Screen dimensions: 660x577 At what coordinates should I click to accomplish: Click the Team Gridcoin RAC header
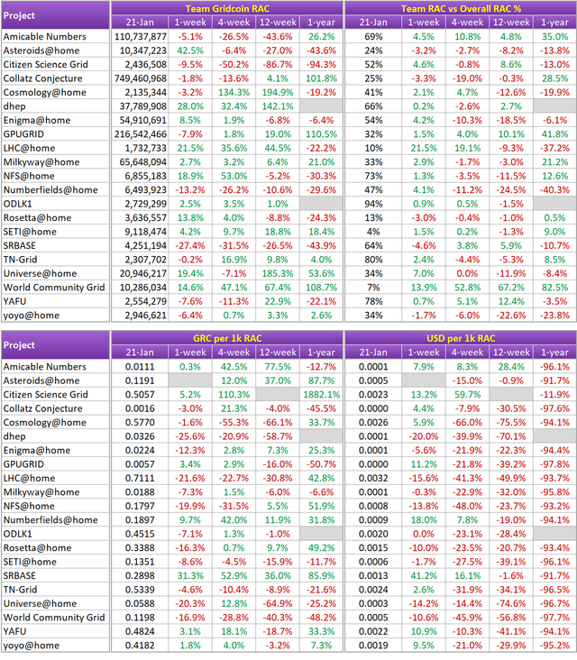[229, 8]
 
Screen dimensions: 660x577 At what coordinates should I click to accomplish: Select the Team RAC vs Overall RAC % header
[461, 8]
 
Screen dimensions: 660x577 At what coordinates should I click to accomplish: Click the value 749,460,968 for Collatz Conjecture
[142, 79]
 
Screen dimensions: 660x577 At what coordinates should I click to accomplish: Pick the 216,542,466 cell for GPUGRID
[142, 133]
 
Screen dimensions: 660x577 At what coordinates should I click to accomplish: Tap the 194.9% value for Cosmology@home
[275, 93]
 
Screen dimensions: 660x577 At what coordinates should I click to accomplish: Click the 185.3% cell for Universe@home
[275, 273]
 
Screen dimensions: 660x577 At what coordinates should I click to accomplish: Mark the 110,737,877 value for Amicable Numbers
[142, 37]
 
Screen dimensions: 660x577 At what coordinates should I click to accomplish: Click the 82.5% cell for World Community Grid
[553, 286]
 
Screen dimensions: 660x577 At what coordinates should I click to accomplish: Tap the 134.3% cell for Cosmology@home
[232, 93]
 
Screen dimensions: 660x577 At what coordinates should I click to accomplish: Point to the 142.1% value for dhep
[275, 106]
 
